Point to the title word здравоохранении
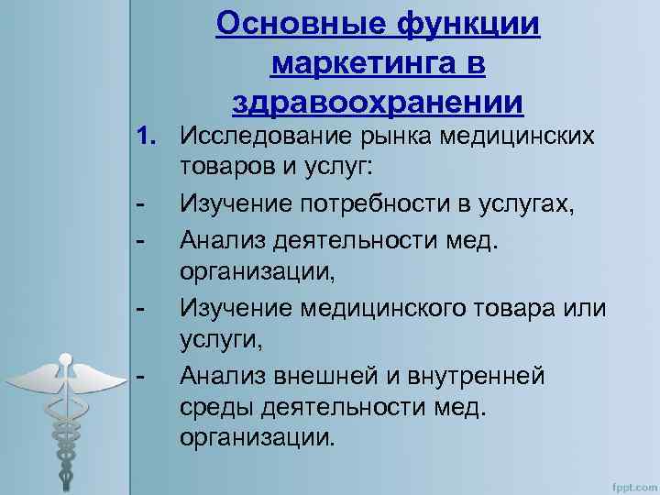pyautogui.click(x=379, y=102)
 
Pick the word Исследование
pyautogui.click(x=263, y=137)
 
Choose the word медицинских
pyautogui.click(x=518, y=137)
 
